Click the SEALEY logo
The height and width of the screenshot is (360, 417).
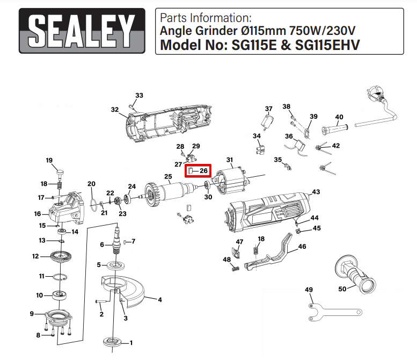click(x=82, y=31)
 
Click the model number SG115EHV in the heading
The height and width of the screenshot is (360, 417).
click(x=327, y=45)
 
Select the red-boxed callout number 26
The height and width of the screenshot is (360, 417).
click(x=203, y=171)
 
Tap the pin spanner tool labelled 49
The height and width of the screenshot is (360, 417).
click(x=334, y=312)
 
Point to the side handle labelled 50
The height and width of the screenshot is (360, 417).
click(x=355, y=274)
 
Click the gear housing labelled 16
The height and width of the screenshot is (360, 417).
click(x=67, y=209)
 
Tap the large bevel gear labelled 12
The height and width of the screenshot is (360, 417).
click(x=61, y=257)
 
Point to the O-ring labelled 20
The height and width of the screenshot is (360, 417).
click(x=93, y=204)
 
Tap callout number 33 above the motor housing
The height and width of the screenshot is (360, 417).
click(x=139, y=95)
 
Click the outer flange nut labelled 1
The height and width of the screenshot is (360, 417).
click(x=113, y=342)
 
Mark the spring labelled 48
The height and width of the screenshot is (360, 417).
click(x=236, y=269)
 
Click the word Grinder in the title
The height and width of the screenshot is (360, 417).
click(x=216, y=31)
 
